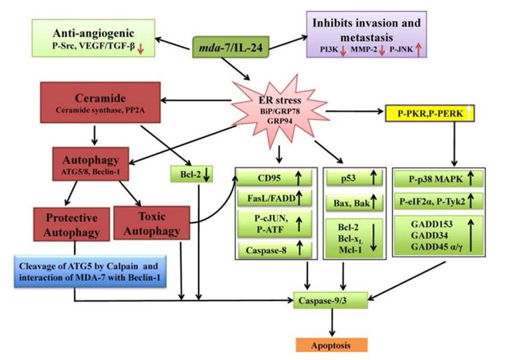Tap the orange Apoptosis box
coord(332,344)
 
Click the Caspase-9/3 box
coord(332,299)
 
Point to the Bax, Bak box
coord(353,205)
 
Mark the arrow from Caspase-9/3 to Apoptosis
coord(332,321)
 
